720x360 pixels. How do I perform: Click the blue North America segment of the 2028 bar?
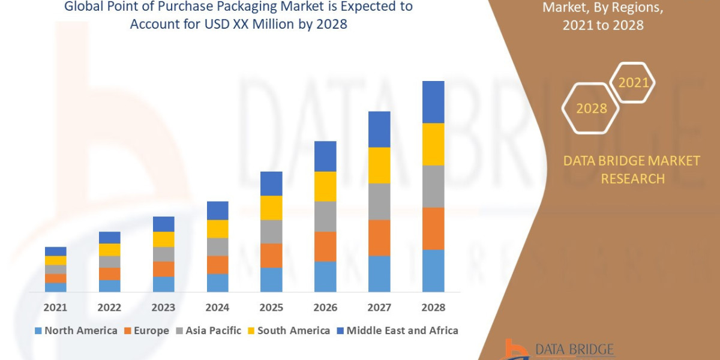point(433,271)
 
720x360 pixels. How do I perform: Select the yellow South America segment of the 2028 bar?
point(433,144)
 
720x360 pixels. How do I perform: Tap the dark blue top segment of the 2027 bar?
point(379,129)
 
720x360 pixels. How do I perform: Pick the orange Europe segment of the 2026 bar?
point(325,246)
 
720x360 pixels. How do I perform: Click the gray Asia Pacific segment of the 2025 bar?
point(271,232)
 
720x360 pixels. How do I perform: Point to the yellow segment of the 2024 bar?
point(217,229)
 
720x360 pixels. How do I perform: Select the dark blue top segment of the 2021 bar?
point(56,251)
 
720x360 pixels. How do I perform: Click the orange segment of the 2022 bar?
point(110,274)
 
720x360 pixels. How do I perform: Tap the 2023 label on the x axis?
point(163,307)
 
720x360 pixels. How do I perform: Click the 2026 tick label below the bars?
point(325,307)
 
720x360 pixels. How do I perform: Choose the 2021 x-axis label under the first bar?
point(56,307)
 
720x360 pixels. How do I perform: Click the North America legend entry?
point(76,331)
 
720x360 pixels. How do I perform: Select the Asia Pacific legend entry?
point(208,331)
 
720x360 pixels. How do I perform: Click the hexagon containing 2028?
point(590,109)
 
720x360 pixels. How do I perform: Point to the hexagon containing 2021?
point(632,82)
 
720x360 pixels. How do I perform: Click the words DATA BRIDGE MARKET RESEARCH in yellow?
point(632,169)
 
